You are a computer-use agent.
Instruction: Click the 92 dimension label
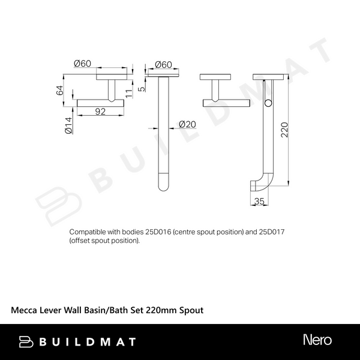[100, 112]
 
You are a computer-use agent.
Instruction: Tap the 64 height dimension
[59, 90]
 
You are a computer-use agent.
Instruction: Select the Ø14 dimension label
[68, 125]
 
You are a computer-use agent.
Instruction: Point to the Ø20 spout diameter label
[187, 124]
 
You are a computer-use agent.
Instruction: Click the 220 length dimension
[284, 130]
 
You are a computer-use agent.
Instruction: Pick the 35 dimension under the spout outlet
[259, 201]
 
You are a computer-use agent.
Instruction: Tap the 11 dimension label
[129, 93]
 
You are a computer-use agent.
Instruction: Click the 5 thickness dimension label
[142, 88]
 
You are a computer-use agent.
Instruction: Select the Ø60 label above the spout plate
[163, 65]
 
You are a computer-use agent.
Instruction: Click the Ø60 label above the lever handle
[82, 64]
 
